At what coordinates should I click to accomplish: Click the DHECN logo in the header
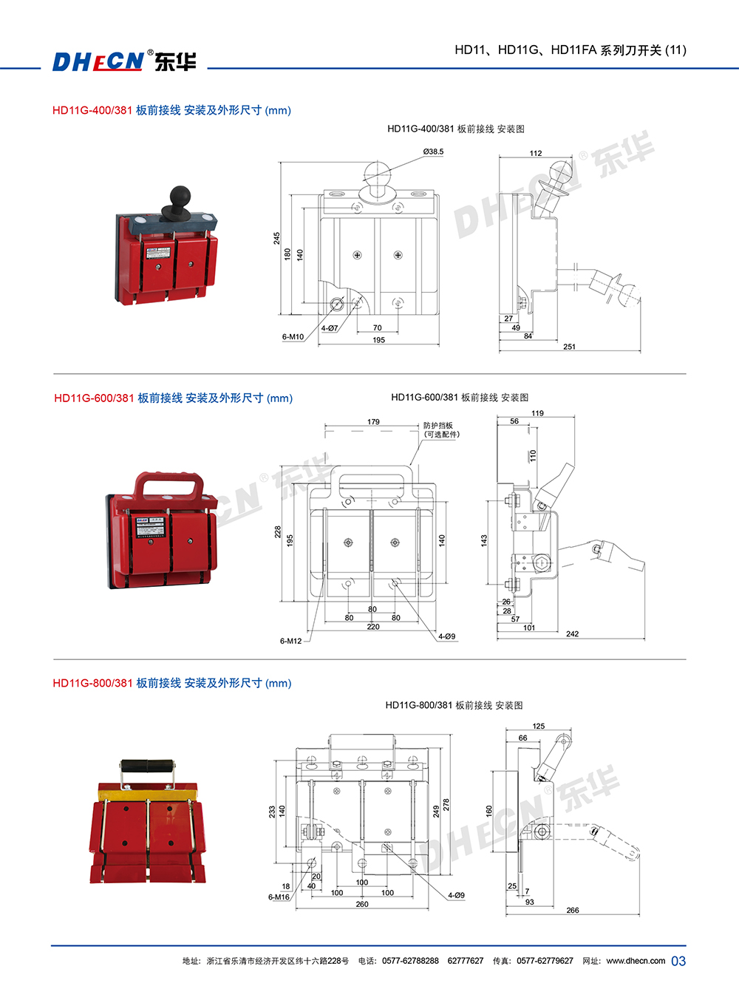(124, 61)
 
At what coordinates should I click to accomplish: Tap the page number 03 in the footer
(678, 961)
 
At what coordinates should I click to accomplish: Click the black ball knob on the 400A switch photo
(180, 196)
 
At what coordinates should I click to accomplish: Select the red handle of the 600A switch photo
(168, 486)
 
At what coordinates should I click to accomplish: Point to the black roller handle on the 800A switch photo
(147, 765)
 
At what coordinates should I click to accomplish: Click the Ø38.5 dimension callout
(433, 152)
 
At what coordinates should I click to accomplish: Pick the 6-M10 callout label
(293, 337)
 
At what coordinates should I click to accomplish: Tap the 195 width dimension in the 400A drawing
(378, 340)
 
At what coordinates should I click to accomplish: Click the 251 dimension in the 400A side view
(569, 346)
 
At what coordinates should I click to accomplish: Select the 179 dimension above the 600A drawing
(373, 422)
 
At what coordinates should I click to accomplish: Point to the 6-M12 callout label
(290, 641)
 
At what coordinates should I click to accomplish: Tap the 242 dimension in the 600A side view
(572, 633)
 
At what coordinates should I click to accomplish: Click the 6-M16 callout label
(279, 897)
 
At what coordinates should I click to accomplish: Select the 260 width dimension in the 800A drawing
(361, 904)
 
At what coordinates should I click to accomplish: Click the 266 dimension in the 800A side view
(573, 910)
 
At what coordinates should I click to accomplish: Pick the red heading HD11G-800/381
(92, 683)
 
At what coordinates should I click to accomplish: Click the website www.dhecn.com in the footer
(636, 961)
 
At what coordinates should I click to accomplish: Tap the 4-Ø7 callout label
(330, 328)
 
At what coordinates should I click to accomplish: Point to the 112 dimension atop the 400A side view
(536, 153)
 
